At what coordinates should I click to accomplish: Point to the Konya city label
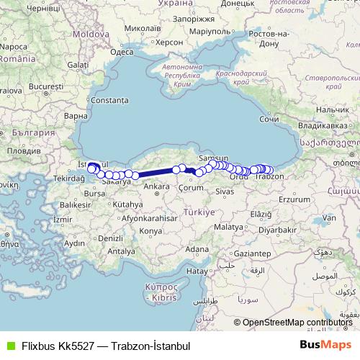coord(150,231)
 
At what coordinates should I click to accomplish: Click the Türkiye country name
coord(199,213)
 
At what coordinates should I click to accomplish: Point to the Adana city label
coord(195,249)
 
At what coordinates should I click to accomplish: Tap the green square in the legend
coord(9,345)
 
